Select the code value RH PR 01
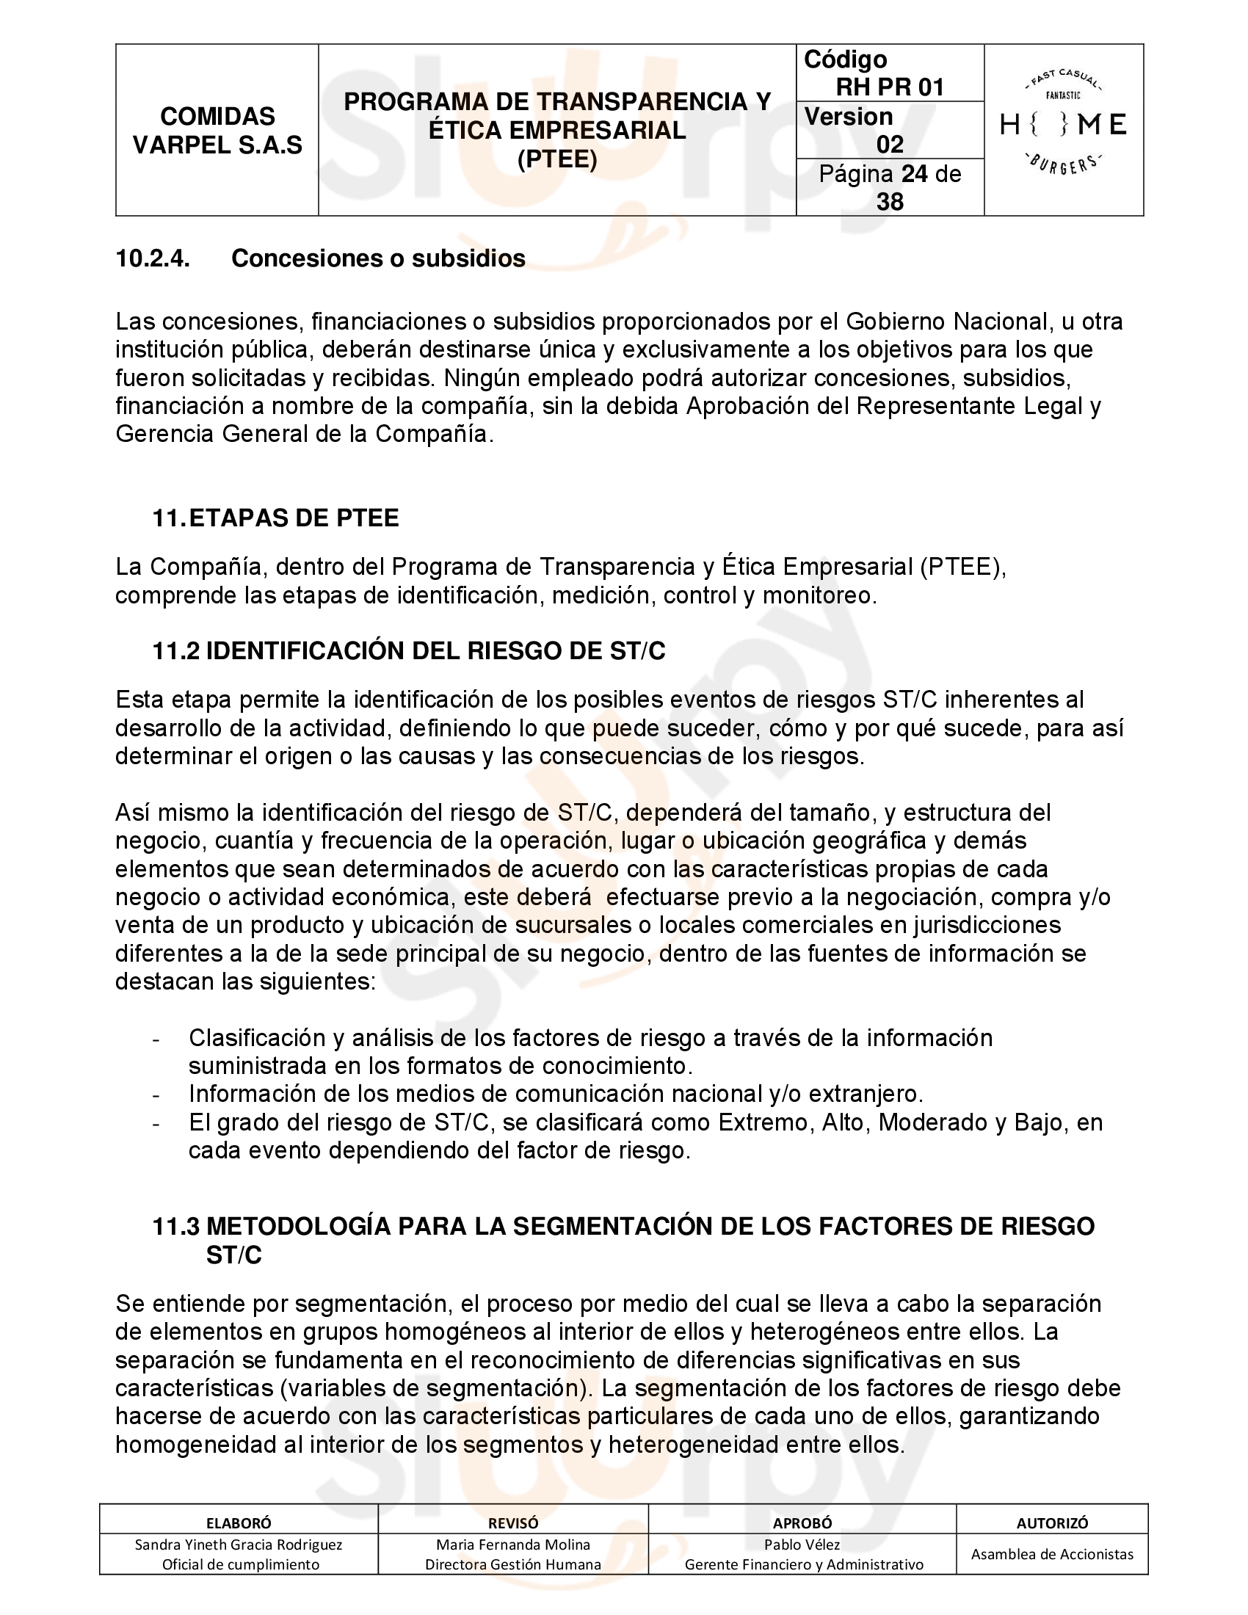[x=890, y=87]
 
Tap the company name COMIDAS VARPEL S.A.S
[x=217, y=131]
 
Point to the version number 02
[x=890, y=144]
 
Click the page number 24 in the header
[x=915, y=174]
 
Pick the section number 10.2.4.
[x=152, y=258]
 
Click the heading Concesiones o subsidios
[x=379, y=258]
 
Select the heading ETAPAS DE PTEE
[x=294, y=518]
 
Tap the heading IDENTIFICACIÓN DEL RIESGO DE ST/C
[x=435, y=650]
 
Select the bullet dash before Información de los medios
[x=156, y=1095]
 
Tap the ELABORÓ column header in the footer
[x=239, y=1523]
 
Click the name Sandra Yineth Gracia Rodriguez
[x=239, y=1545]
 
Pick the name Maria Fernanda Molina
[x=513, y=1545]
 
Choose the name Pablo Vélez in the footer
[x=802, y=1545]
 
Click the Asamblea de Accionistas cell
[x=1052, y=1554]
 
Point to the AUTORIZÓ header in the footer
[x=1052, y=1523]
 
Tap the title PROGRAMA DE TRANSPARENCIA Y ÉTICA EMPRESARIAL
[x=557, y=116]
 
